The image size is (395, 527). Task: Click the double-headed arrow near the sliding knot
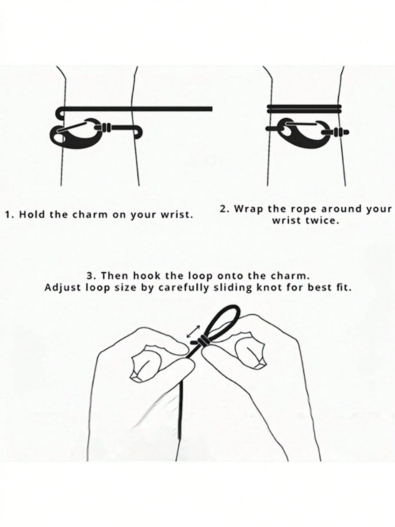pyautogui.click(x=193, y=332)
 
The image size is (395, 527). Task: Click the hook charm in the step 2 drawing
pyautogui.click(x=304, y=132)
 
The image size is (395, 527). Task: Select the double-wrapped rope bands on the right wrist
pyautogui.click(x=304, y=109)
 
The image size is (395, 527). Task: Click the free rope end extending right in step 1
pyautogui.click(x=172, y=109)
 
